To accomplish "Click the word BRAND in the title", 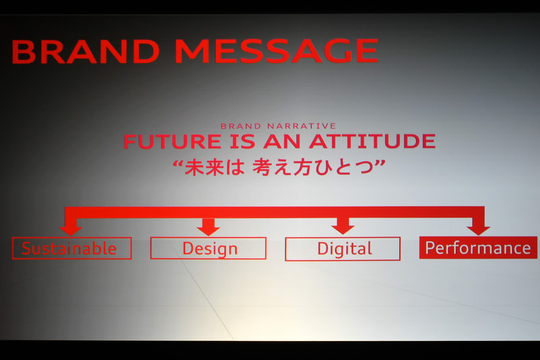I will coord(86,52).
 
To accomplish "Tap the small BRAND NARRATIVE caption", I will coord(278,126).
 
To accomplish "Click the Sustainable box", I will coord(72,249).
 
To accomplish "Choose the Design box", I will coord(208,249).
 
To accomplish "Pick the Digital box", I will coord(343,249).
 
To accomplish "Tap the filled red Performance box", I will coord(478,248).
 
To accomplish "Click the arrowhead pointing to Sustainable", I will coord(70,229).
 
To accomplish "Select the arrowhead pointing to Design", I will coord(208,228).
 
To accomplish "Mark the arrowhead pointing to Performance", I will coord(478,228).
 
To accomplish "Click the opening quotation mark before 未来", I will coord(178,163).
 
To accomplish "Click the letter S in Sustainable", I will coord(26,249).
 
